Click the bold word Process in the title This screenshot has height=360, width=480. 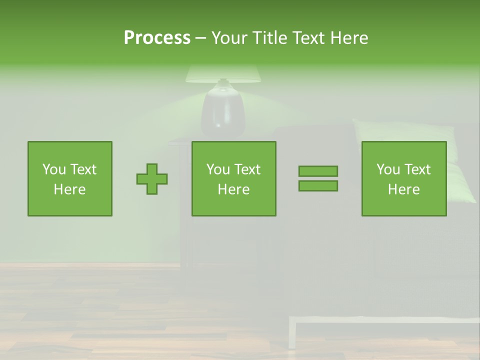[157, 38]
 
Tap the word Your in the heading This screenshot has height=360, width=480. [230, 38]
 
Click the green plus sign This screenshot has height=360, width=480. [152, 179]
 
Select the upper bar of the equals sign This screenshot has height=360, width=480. [318, 171]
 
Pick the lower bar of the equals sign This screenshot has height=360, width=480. [318, 185]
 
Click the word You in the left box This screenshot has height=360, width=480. [54, 169]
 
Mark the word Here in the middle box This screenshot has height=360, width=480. [234, 189]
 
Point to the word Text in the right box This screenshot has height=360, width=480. [417, 169]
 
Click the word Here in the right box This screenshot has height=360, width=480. [404, 189]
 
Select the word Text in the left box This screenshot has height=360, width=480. [83, 169]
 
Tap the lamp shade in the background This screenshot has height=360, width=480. [223, 74]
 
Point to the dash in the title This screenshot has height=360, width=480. [200, 38]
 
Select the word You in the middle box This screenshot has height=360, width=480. [218, 169]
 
